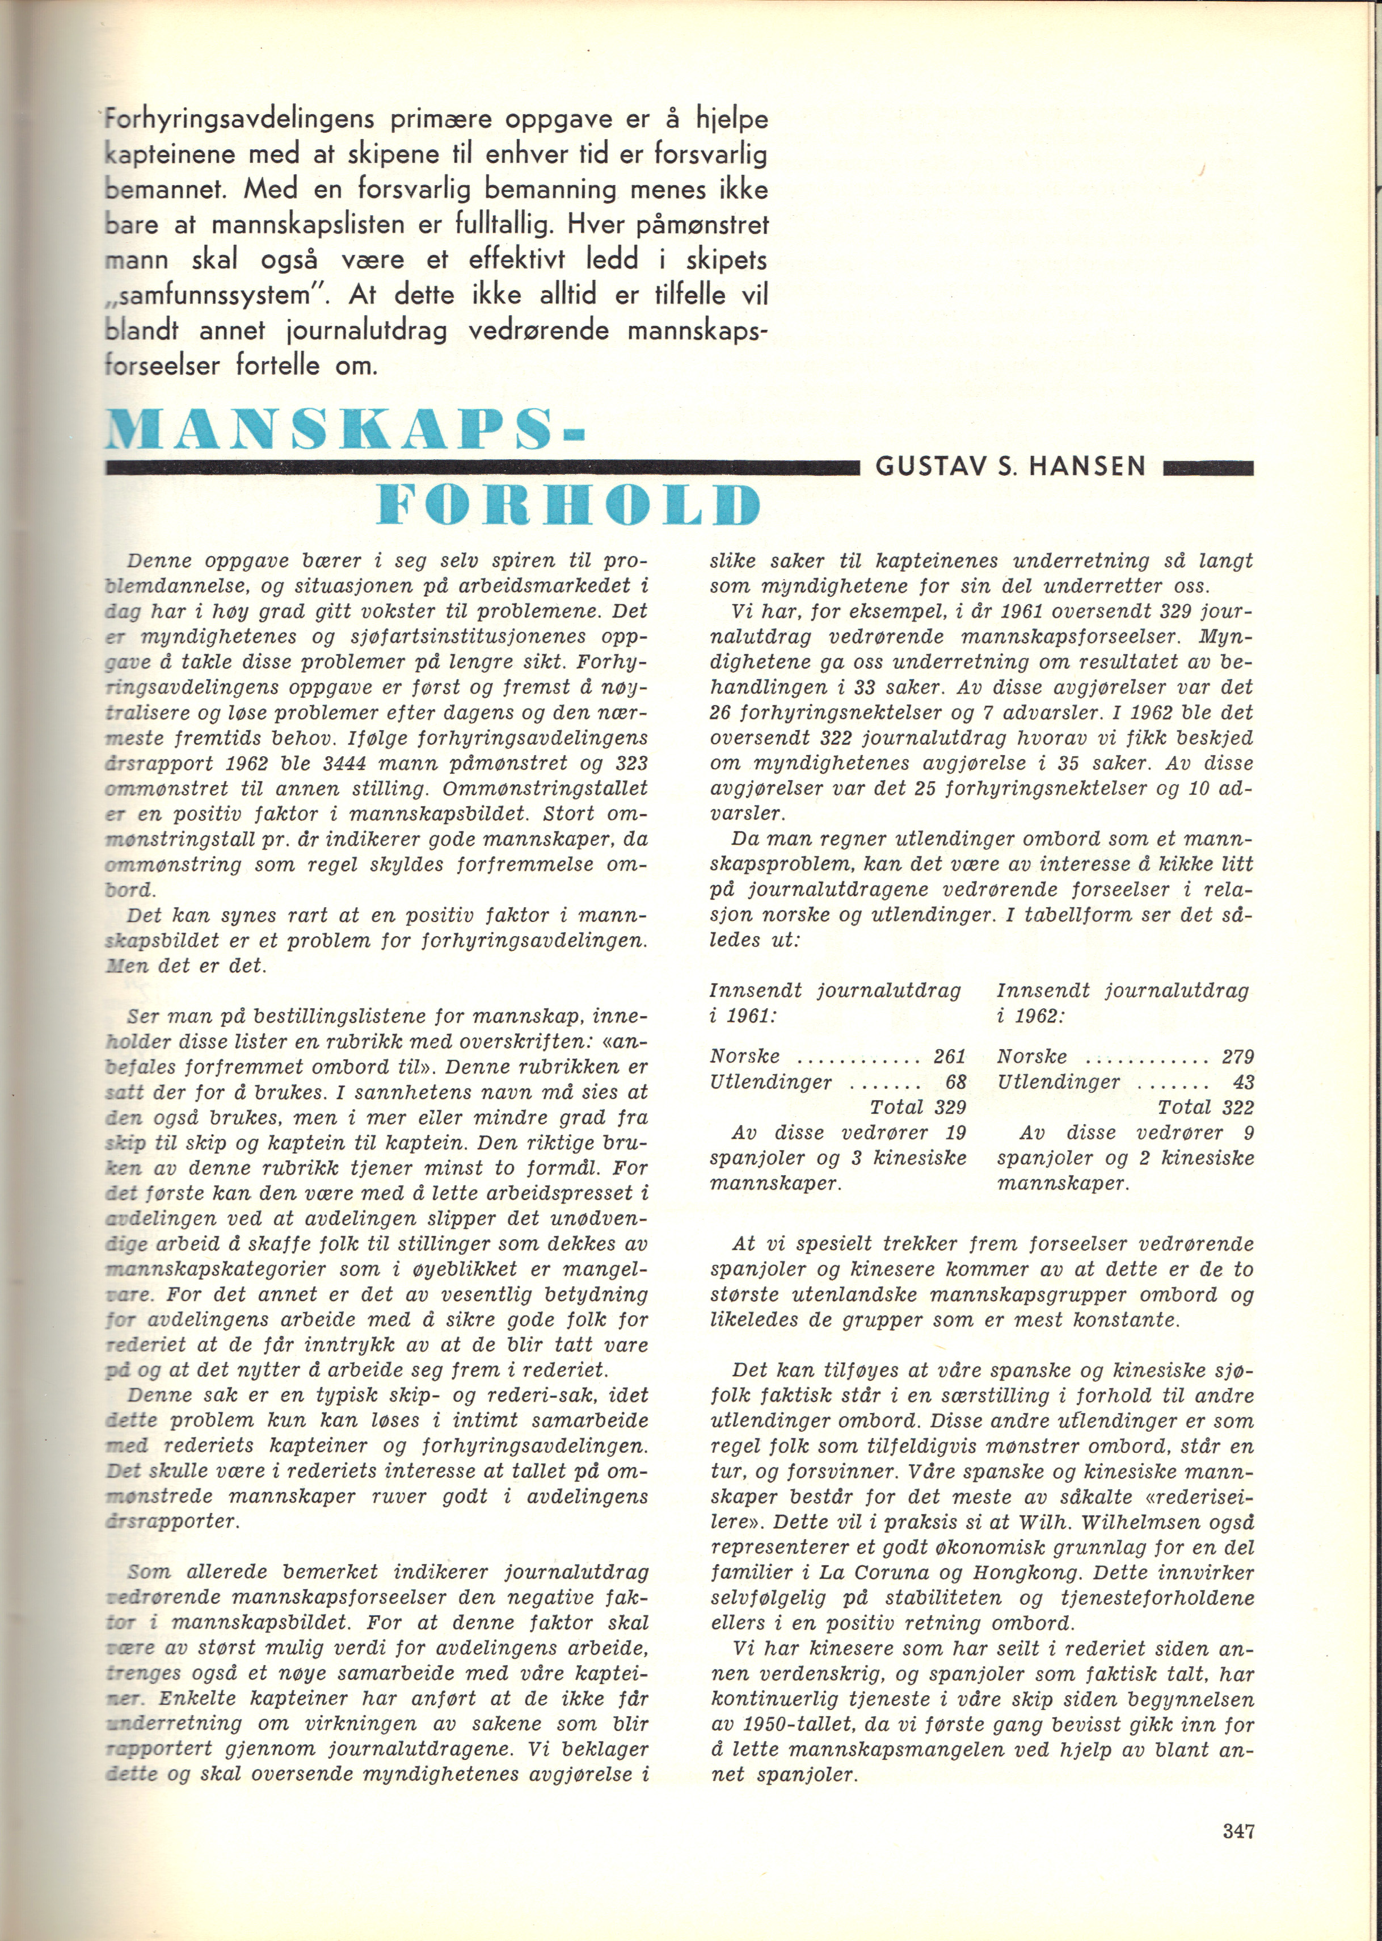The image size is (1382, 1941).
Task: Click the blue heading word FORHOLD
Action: point(567,506)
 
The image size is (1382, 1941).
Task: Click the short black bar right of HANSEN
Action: point(1207,467)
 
